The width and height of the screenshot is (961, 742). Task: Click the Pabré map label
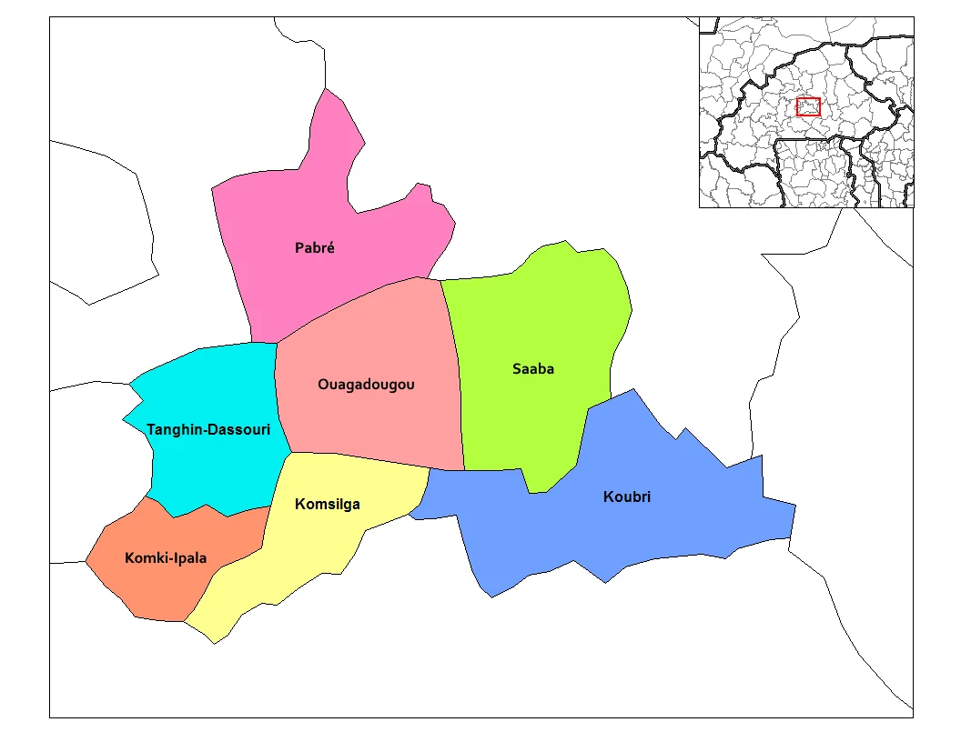[x=315, y=247]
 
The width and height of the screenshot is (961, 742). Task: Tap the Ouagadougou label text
[x=366, y=385]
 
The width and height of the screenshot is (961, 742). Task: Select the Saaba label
[x=532, y=369]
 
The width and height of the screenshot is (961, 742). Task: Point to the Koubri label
[x=627, y=496]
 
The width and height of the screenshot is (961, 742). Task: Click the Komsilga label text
[x=328, y=504]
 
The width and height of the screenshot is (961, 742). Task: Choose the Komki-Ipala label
[x=166, y=558]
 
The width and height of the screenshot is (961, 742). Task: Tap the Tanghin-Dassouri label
[x=208, y=429]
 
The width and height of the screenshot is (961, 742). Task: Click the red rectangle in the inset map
[x=808, y=106]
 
